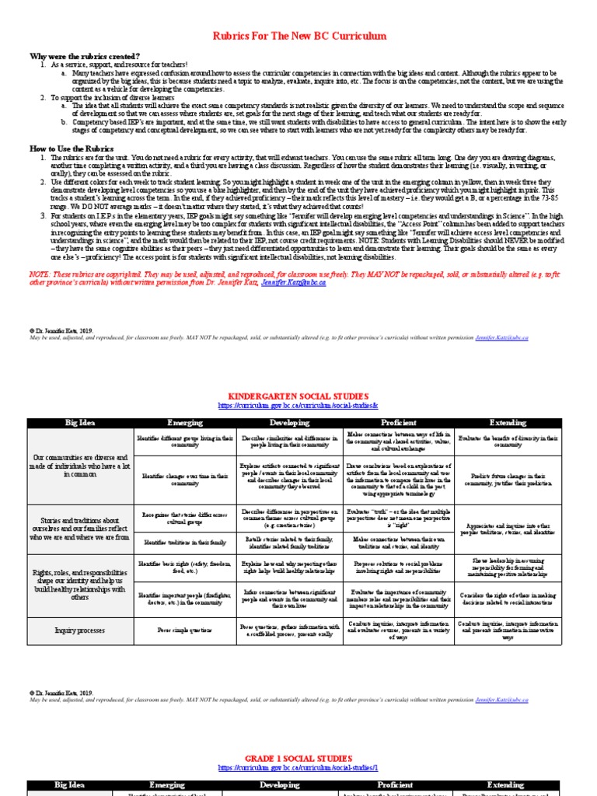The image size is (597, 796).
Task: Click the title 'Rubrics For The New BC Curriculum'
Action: tap(298, 37)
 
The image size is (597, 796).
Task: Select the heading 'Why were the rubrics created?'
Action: tap(85, 57)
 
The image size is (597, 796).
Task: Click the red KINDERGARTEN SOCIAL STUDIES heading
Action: tap(298, 396)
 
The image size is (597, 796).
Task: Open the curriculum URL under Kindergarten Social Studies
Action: tap(298, 406)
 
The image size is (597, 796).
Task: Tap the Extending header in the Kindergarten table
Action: tap(507, 423)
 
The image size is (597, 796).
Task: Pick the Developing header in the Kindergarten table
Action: tap(289, 423)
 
